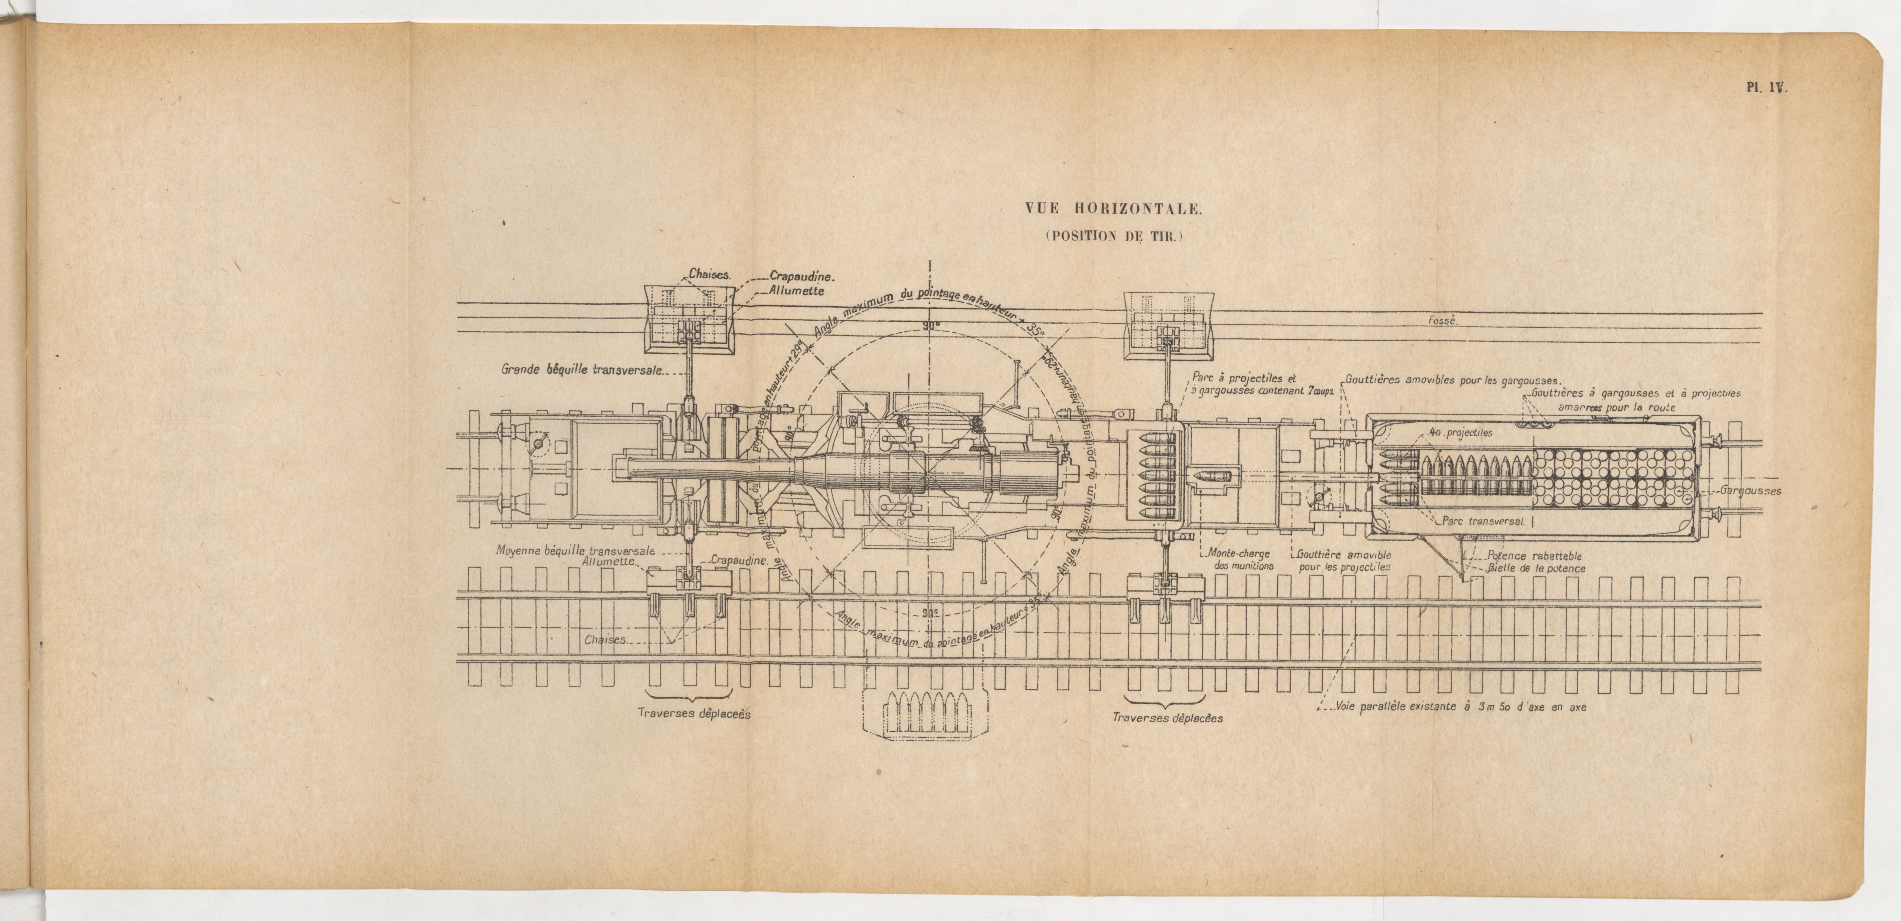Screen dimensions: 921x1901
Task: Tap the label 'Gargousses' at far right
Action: click(x=1750, y=491)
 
